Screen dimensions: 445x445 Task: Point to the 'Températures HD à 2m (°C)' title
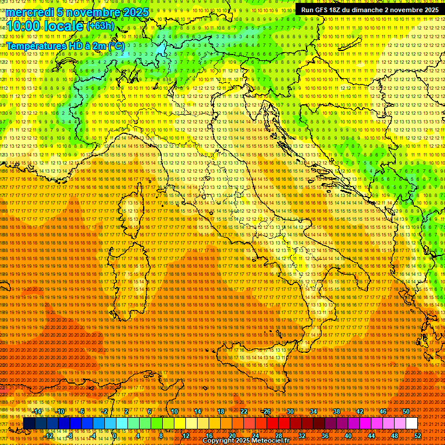(65, 45)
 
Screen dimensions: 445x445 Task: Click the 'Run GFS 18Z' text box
(370, 9)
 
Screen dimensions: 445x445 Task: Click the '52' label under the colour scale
(417, 435)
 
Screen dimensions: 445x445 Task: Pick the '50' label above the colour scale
(406, 411)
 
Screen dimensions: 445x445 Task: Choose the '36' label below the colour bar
(324, 435)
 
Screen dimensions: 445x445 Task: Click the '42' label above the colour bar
(359, 411)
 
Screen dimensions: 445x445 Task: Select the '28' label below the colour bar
(278, 435)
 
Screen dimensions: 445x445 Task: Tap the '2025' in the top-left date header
(133, 12)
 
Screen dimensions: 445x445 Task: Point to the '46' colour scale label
(382, 411)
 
